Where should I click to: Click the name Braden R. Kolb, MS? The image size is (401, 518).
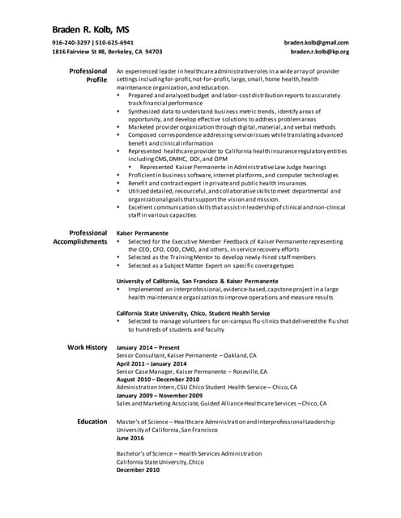pyautogui.click(x=91, y=26)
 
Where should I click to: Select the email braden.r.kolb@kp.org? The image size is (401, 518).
pyautogui.click(x=319, y=51)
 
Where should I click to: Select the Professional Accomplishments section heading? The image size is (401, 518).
pyautogui.click(x=80, y=237)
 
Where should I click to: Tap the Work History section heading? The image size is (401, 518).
pyautogui.click(x=87, y=347)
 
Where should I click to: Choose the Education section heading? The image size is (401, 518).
pyautogui.click(x=92, y=422)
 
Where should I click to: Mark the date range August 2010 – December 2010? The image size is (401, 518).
pyautogui.click(x=157, y=380)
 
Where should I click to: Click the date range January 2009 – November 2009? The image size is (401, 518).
pyautogui.click(x=160, y=395)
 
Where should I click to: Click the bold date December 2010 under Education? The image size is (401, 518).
pyautogui.click(x=138, y=469)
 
